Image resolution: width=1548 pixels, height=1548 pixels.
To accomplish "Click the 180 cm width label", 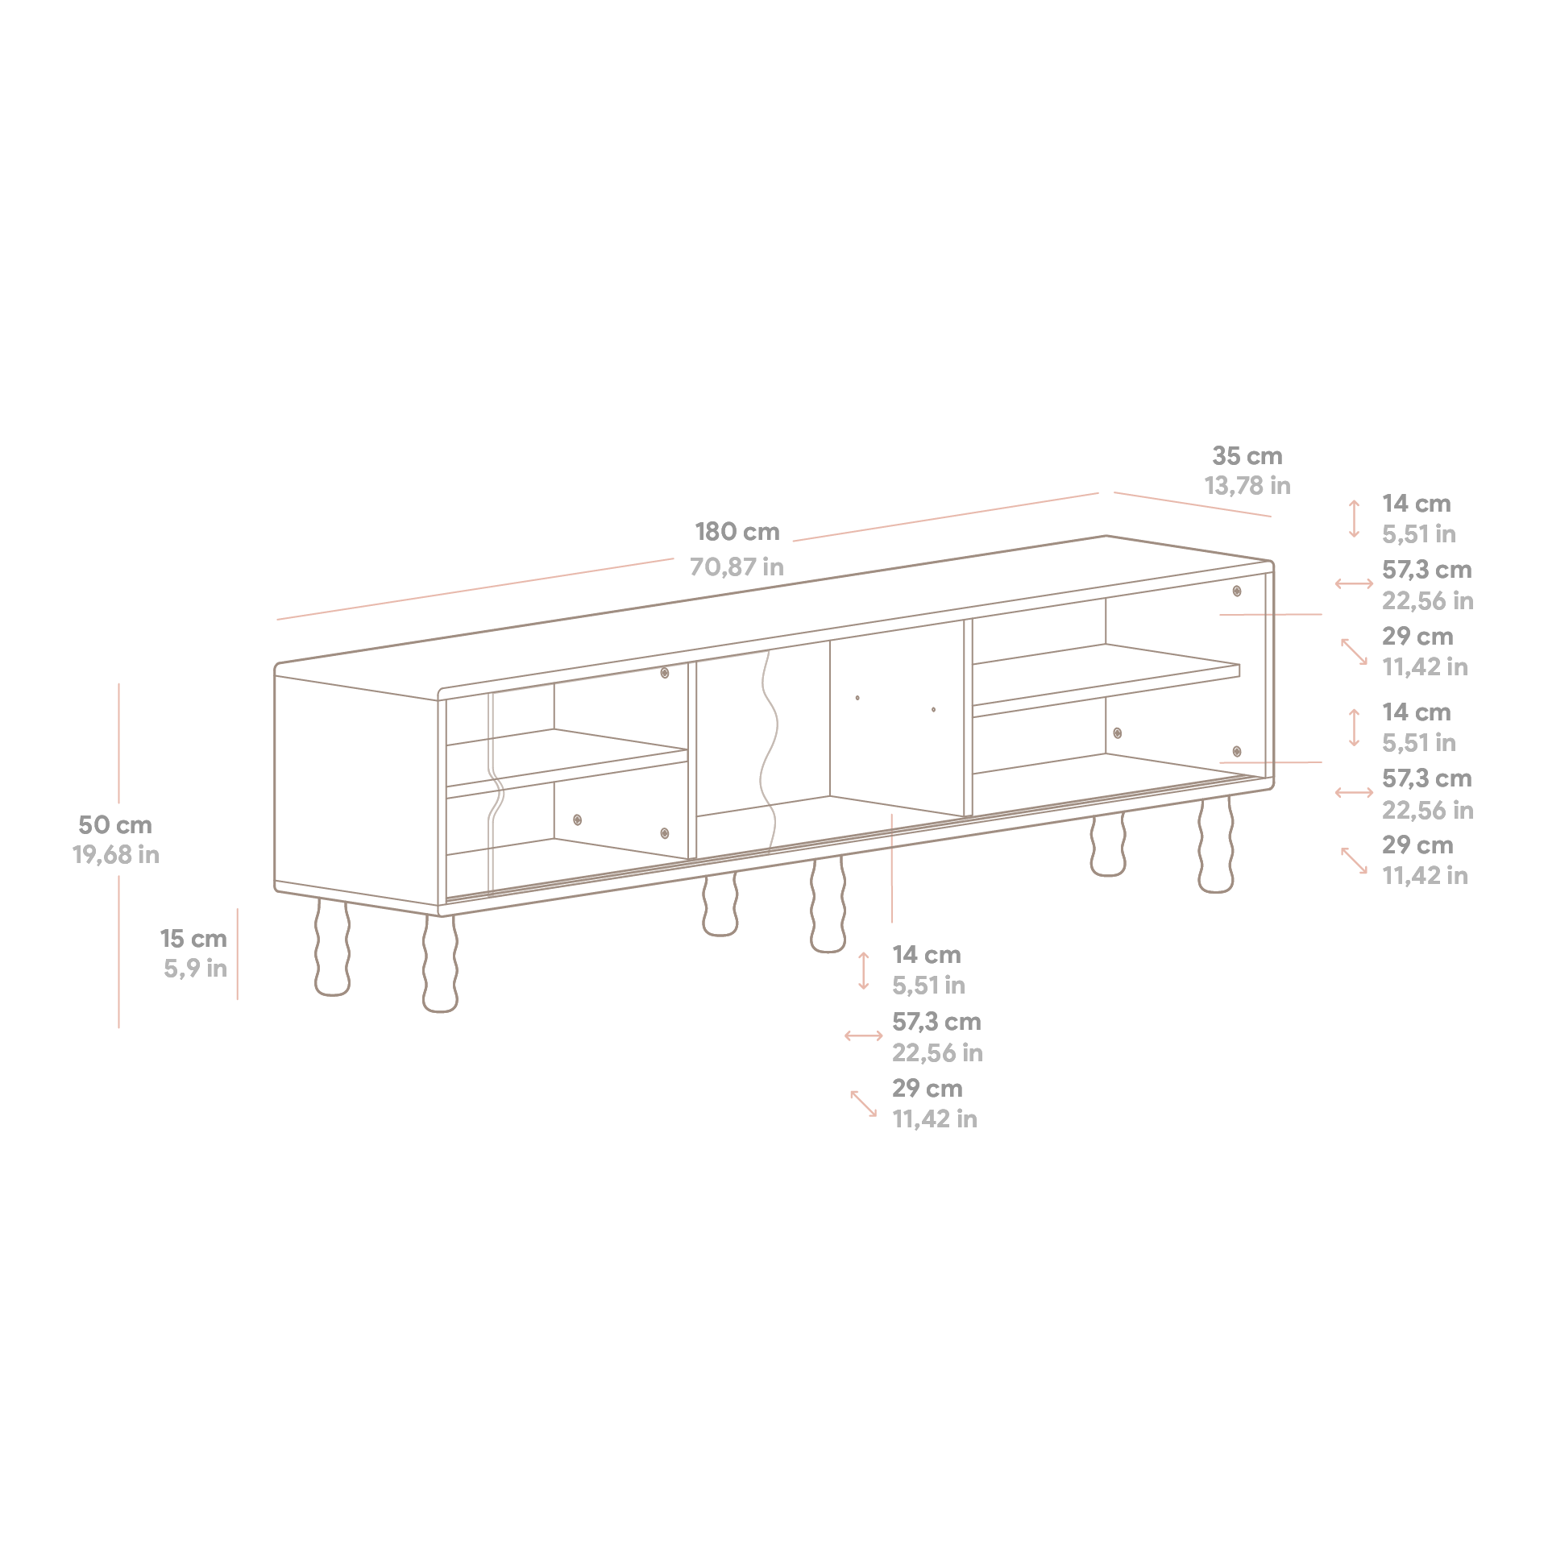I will [737, 532].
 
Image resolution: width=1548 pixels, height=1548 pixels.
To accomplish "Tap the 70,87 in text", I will [737, 567].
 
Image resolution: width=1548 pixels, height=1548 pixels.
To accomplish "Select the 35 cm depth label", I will [1247, 456].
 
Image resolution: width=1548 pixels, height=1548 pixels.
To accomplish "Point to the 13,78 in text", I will [1247, 486].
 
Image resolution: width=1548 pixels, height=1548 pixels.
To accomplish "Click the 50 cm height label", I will [114, 825].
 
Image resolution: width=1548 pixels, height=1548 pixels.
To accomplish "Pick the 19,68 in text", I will [115, 855].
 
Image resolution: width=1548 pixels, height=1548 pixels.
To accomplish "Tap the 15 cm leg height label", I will [193, 939].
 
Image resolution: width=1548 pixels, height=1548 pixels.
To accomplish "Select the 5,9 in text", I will [195, 969].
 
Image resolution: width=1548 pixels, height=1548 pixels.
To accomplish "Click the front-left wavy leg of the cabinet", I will [440, 963].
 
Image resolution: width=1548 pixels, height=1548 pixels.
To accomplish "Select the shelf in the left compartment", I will [564, 762].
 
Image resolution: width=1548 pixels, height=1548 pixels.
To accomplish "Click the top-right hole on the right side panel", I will [1237, 591].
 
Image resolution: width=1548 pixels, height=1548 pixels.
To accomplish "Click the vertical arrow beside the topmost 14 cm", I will [1355, 519].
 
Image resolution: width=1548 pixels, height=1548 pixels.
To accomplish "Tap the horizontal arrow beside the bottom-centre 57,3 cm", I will [863, 1036].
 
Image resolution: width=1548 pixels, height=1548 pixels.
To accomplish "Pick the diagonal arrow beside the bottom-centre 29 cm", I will [863, 1104].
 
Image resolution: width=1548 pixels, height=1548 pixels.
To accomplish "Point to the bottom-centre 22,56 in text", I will [937, 1053].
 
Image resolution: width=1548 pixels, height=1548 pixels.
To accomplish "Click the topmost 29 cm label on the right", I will [1417, 637].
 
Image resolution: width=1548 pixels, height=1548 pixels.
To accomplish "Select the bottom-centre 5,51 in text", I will [928, 986].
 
